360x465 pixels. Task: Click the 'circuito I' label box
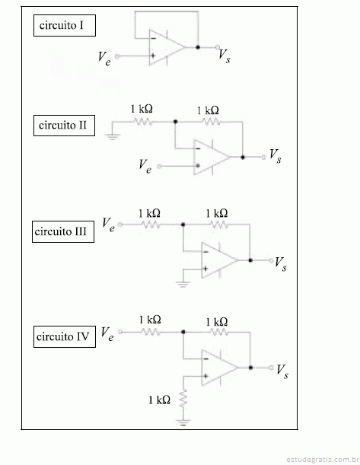65,26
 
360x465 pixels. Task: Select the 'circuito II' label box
64,126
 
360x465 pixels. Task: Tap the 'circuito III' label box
63,231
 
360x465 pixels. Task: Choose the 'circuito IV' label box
65,336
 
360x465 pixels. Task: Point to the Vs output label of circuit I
225,56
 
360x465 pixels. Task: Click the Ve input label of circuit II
145,166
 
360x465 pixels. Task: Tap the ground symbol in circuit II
112,136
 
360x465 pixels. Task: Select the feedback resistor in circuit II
211,122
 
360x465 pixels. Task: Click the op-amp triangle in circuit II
212,158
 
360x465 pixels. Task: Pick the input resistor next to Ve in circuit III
151,225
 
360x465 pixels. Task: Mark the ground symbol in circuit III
183,284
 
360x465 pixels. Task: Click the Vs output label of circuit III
281,264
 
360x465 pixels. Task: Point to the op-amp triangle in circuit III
219,260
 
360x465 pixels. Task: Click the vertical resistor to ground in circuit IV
183,399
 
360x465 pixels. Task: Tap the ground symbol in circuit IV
183,422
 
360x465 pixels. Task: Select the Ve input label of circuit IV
107,334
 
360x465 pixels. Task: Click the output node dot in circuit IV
250,368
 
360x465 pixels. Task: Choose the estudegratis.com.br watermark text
323,460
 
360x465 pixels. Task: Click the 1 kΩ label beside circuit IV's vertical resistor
159,400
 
